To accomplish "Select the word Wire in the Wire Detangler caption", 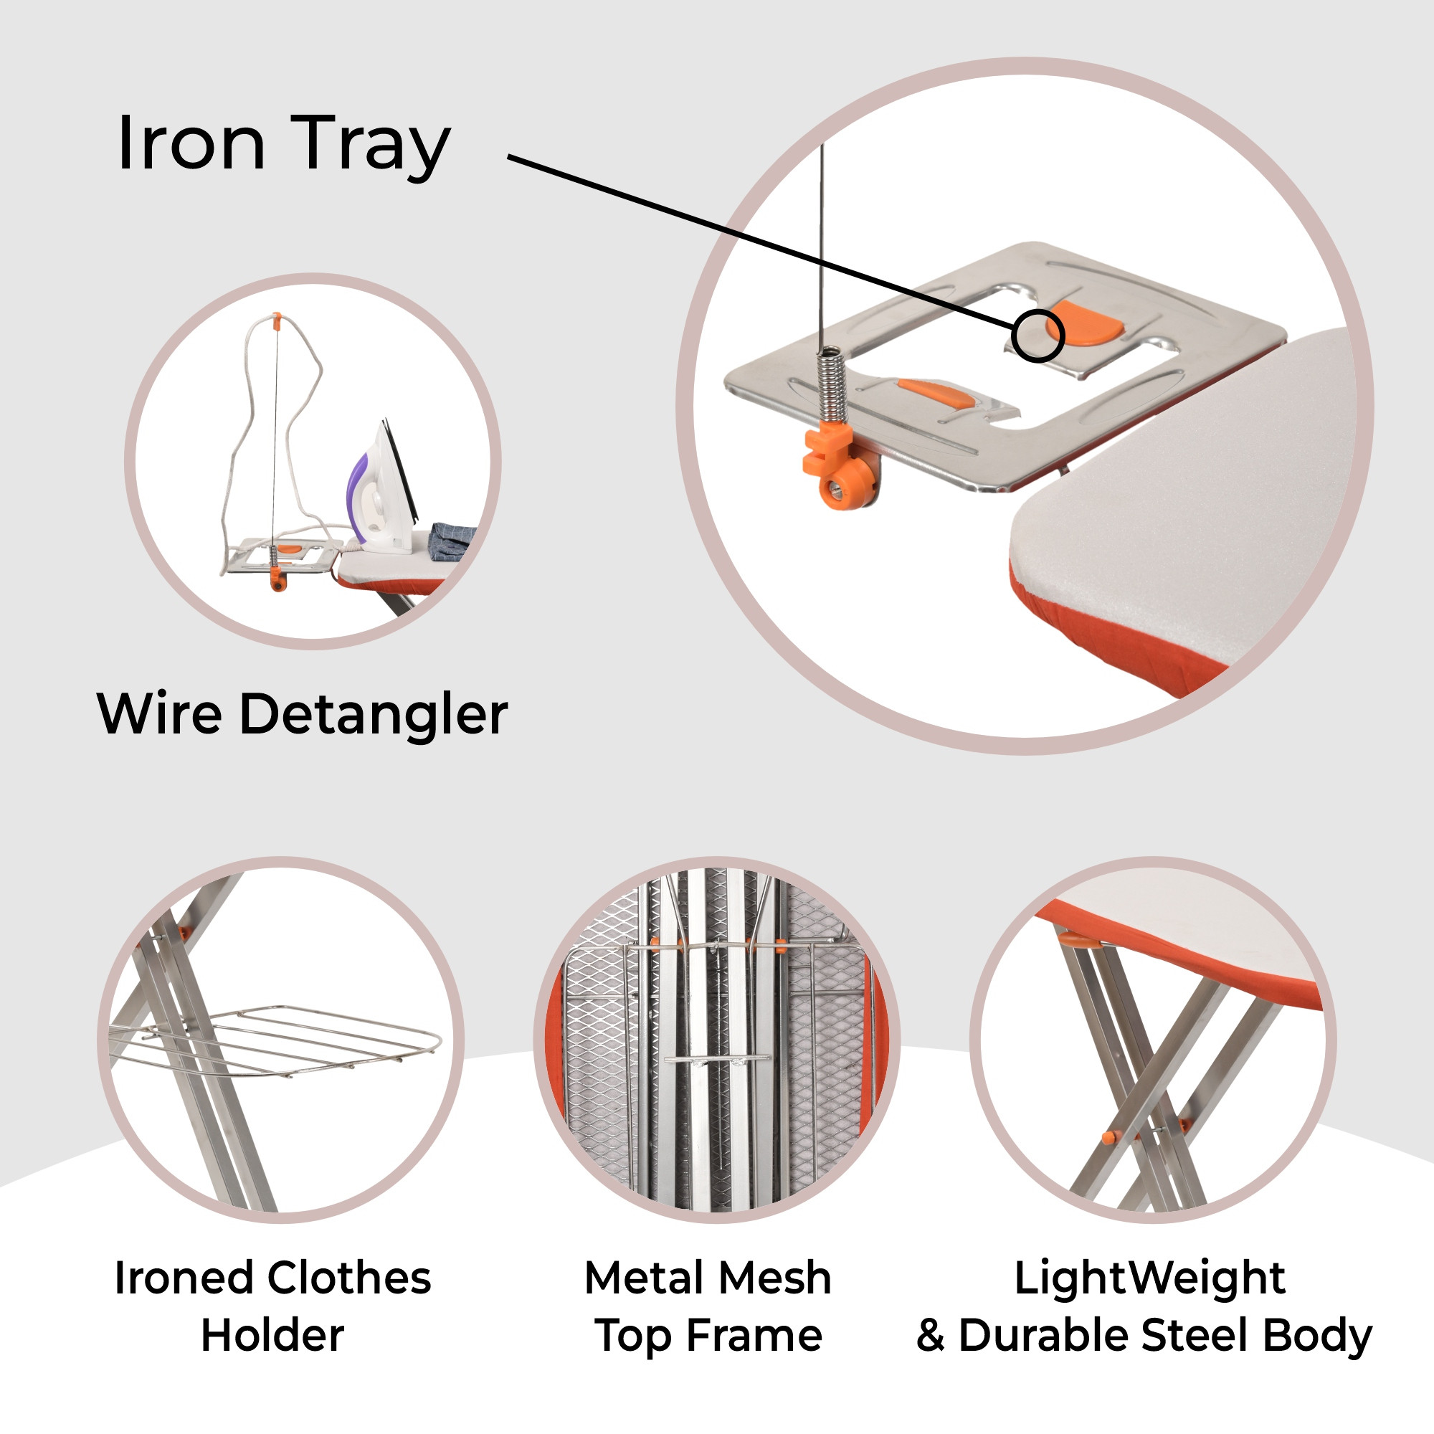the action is [160, 713].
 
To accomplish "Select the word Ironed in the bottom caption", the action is [186, 1278].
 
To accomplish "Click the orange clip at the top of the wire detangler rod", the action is [276, 320].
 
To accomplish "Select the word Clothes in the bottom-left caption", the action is [349, 1278].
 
